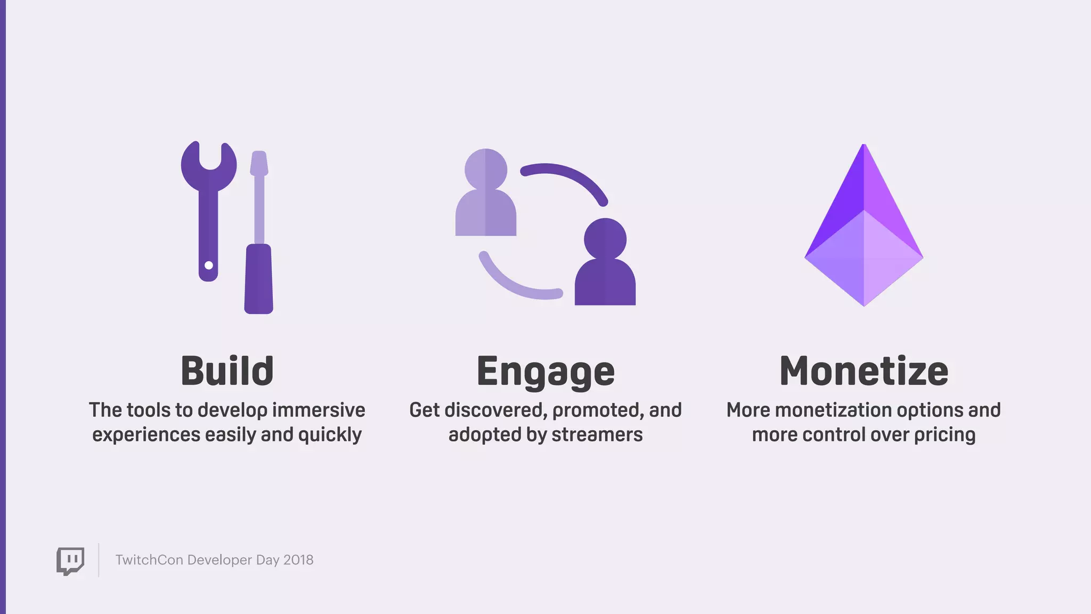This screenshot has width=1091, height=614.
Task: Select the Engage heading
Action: click(545, 371)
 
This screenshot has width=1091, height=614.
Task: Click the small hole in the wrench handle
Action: click(209, 265)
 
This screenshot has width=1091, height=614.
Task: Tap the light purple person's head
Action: click(486, 169)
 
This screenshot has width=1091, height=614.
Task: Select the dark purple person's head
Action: click(605, 239)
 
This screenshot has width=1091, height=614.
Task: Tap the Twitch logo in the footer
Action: click(70, 561)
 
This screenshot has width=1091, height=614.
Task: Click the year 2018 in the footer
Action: click(298, 560)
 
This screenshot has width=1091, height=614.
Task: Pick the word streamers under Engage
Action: click(597, 434)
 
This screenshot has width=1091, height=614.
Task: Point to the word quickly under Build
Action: click(330, 435)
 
